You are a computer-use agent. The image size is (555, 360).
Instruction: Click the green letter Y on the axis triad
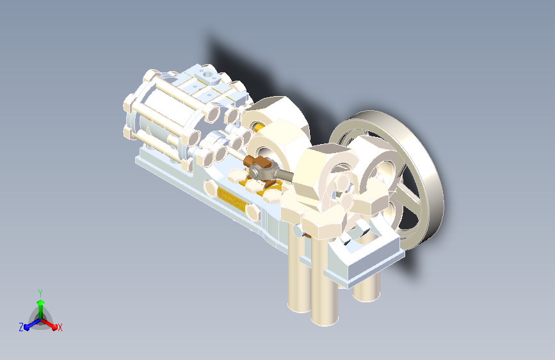[x=40, y=293]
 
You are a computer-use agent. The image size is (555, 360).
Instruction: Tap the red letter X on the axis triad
[x=60, y=327]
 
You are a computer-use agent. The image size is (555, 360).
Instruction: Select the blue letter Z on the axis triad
[x=21, y=327]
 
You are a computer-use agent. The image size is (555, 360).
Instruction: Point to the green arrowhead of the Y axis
[x=41, y=302]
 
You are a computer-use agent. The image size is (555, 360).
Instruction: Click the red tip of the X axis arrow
[x=54, y=326]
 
